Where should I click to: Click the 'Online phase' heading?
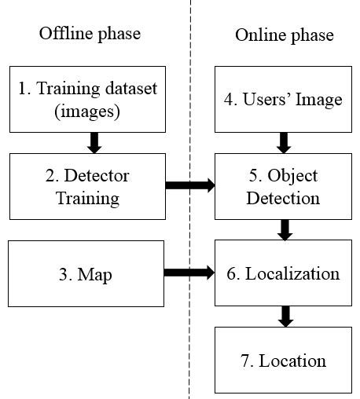click(284, 35)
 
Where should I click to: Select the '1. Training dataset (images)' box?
click(88, 99)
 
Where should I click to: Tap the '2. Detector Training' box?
click(88, 186)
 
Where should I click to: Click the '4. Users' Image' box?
click(284, 99)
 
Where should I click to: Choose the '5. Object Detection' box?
click(284, 186)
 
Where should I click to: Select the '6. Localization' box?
click(284, 273)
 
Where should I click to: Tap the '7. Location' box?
click(284, 361)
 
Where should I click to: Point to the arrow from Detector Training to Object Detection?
click(189, 186)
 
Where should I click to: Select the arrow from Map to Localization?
click(189, 273)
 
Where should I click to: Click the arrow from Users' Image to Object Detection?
click(285, 142)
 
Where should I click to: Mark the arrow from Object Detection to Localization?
click(285, 229)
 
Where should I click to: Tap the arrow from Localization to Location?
click(285, 317)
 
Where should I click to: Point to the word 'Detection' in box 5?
click(284, 198)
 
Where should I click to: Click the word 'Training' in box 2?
click(88, 198)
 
